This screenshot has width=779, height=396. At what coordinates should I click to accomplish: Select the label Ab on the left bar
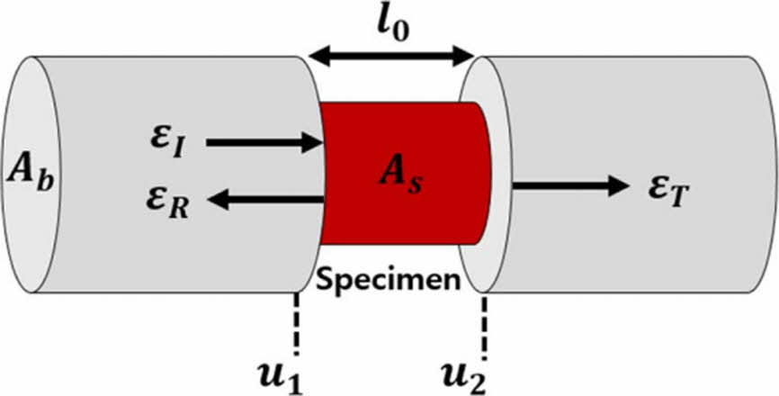[31, 168]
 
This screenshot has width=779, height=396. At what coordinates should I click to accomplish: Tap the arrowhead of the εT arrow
[615, 186]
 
